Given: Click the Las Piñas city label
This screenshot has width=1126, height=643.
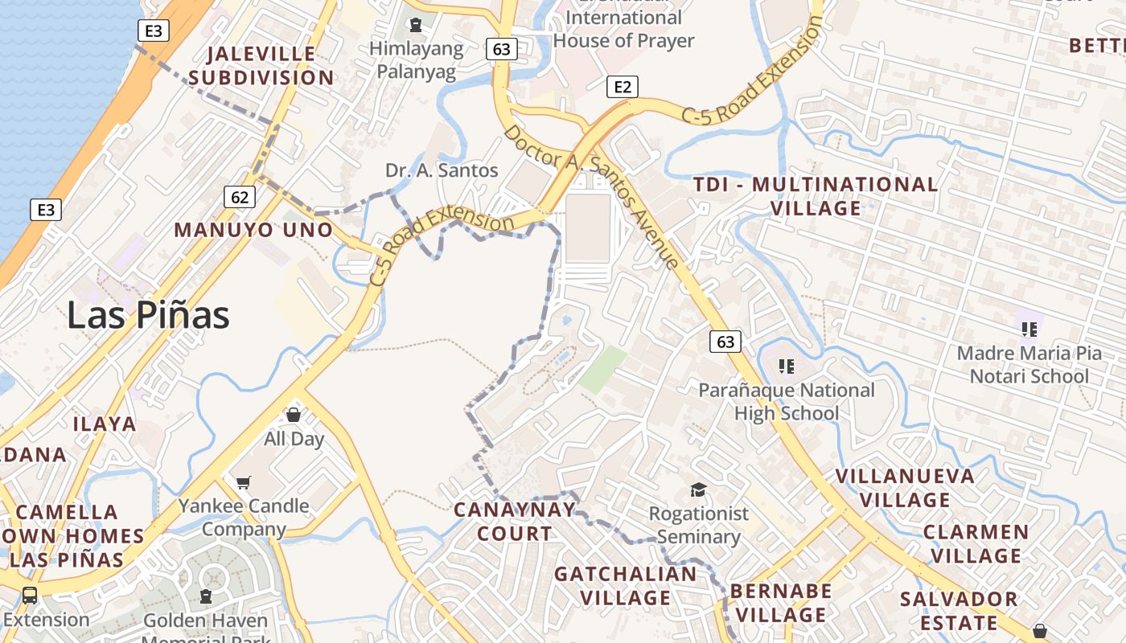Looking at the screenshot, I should pos(148,314).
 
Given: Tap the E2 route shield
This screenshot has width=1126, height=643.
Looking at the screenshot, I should pos(622,87).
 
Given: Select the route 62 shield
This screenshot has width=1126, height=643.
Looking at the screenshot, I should pos(240,197).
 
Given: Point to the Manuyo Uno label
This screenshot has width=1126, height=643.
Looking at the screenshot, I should pos(253,230).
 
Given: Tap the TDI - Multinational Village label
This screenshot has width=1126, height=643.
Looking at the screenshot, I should pos(816,196).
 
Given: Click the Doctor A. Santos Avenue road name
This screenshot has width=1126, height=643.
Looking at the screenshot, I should pos(592,196).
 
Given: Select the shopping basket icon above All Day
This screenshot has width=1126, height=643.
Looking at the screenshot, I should pos(294,415).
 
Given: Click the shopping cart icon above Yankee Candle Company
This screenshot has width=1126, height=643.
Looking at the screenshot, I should pos(243,482).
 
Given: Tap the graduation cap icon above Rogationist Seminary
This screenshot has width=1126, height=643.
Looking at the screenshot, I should pos(698,489).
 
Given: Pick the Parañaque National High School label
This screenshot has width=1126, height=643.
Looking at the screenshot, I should pos(786,401).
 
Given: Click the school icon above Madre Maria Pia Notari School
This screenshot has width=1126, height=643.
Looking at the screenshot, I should pos(1029,329).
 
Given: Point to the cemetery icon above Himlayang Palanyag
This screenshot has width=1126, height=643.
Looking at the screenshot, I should pos(416,25).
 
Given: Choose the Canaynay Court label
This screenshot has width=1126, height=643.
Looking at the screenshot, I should pos(515,521).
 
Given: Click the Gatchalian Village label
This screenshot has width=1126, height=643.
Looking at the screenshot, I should pos(626,585).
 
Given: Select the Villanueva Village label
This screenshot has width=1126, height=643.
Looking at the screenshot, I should pos(905,488).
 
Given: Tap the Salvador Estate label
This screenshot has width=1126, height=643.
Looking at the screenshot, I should pos(959,611).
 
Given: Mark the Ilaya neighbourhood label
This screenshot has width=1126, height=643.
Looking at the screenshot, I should pos(105,424).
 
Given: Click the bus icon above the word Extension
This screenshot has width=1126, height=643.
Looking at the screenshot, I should pos(30,596).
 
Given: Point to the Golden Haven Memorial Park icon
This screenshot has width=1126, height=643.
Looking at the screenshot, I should pos(206,596).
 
